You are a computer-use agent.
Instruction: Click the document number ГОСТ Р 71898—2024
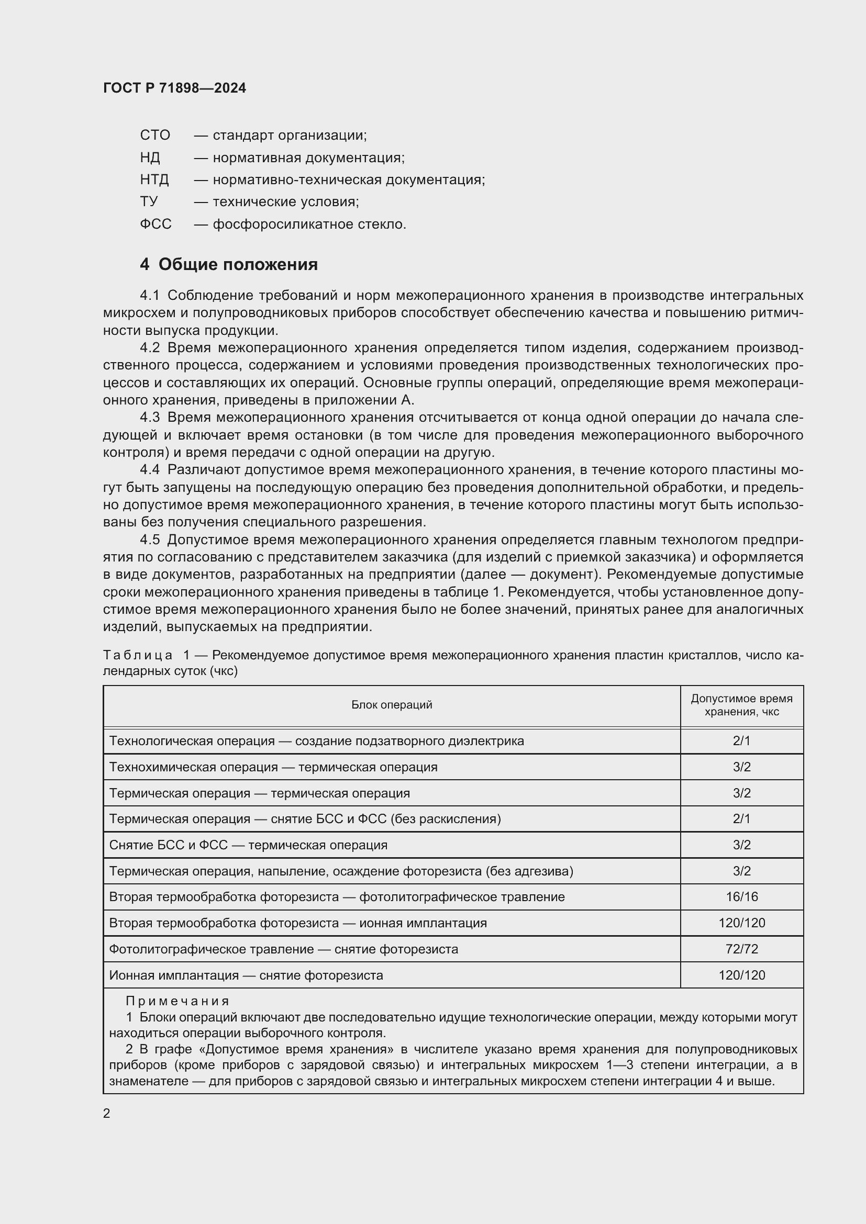coord(174,88)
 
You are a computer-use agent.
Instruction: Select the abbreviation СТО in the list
coord(154,135)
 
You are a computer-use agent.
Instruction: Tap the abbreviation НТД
coord(154,179)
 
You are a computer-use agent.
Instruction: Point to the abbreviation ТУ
coord(149,201)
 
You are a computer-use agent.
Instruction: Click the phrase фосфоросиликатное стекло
coord(309,224)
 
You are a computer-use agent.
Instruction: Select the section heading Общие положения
coord(238,264)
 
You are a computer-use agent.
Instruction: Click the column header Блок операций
coord(392,705)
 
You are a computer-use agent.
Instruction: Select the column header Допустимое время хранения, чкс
coord(741,705)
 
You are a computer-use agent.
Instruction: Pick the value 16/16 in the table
coord(741,897)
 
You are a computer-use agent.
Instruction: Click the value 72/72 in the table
coord(741,949)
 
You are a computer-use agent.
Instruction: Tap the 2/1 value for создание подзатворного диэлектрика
coord(741,740)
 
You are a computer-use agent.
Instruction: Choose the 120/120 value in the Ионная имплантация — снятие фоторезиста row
coord(741,975)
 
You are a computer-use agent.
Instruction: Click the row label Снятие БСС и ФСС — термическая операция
coord(248,845)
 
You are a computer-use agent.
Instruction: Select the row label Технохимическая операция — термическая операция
coord(273,767)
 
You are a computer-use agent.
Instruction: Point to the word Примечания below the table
coord(177,1001)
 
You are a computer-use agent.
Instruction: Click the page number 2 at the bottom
coord(107,1113)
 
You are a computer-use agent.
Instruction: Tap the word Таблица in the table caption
coord(138,655)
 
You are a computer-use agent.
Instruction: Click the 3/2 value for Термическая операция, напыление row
coord(741,871)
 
